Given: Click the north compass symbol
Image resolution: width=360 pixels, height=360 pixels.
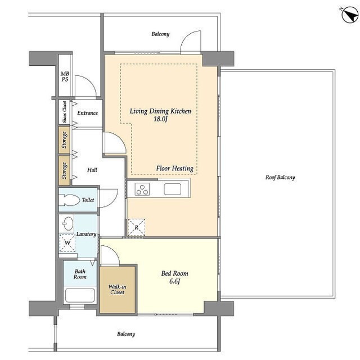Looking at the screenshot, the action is pos(349,15).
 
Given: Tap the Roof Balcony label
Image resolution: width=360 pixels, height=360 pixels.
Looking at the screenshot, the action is pos(280,177).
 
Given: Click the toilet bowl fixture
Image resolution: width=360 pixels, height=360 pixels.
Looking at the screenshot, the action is pos(69,200).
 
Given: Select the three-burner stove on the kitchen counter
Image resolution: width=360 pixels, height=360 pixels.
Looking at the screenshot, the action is pos(142,189).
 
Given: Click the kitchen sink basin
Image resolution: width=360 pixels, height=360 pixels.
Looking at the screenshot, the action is pos(173,189).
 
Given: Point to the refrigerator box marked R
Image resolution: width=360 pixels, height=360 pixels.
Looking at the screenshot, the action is pos(136,227).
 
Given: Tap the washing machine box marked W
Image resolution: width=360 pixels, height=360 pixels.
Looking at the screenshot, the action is pos(67,242).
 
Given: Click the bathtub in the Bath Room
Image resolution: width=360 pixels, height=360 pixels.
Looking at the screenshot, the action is pos(80,295).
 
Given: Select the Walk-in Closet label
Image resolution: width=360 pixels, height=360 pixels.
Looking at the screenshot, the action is pos(118,289).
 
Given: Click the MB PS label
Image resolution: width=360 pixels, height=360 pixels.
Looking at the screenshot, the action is pos(65,76).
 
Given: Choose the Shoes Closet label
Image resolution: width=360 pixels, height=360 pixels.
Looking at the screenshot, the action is pos(65,112).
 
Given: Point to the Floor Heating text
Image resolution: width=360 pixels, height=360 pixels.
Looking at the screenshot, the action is pos(175,168).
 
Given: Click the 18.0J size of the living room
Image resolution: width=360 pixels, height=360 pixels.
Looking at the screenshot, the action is pos(160,119).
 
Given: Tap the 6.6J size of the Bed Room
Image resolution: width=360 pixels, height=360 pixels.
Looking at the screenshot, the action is pos(174,281).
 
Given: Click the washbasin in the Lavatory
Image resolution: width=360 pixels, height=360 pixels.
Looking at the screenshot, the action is pos(68,223).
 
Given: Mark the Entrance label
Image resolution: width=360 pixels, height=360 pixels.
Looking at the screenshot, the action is pos(88,112).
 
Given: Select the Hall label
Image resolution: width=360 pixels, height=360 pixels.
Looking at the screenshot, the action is pos(92,170).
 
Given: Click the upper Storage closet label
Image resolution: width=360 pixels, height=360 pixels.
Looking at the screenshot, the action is pos(64,140).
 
